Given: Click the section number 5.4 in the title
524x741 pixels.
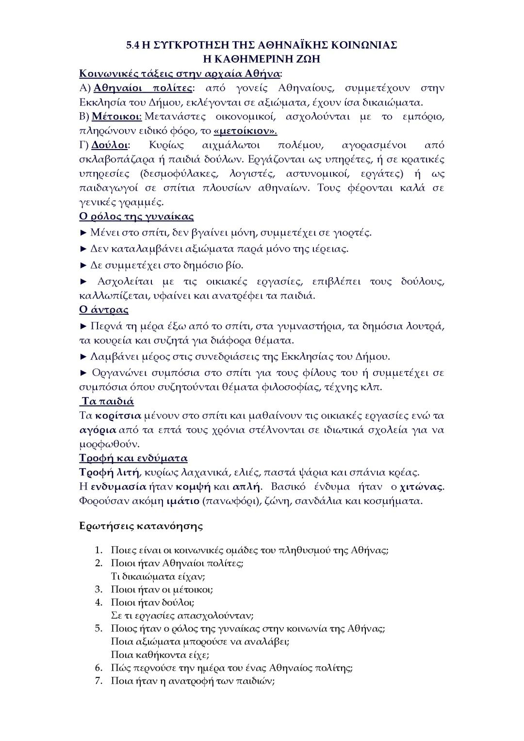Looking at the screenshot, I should click(x=132, y=45).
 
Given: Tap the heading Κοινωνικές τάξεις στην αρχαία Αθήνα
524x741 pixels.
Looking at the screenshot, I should click(x=180, y=74).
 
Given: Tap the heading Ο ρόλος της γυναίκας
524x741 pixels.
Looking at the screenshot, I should click(x=136, y=217).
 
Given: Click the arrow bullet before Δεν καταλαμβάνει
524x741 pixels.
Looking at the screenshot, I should click(x=83, y=249).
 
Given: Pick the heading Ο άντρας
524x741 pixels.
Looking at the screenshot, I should click(x=104, y=309).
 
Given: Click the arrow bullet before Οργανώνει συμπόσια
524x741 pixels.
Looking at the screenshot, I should click(x=83, y=373).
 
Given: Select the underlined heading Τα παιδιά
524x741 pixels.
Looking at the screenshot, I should click(x=108, y=401).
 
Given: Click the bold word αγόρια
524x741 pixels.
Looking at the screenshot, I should click(x=98, y=430).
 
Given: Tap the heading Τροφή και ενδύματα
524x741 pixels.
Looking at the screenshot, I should click(x=133, y=458).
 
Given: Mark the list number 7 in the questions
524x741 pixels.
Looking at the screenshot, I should click(x=98, y=681).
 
